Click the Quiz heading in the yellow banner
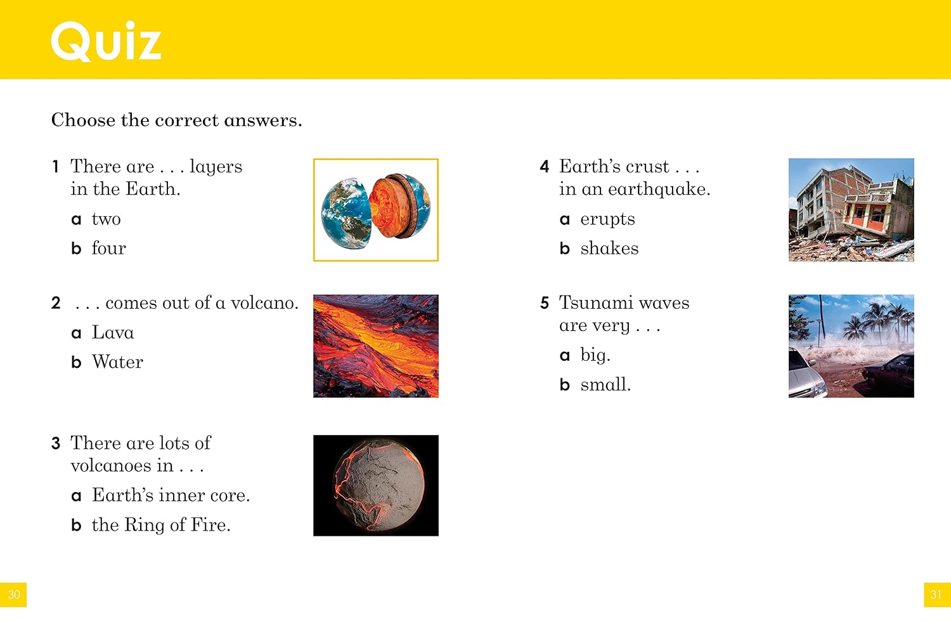tap(106, 41)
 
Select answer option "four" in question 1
tap(108, 248)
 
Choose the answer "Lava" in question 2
tap(113, 332)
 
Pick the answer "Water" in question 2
tap(117, 362)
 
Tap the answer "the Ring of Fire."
tap(161, 525)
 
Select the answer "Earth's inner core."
tap(171, 495)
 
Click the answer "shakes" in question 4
tap(609, 248)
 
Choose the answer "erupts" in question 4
tap(607, 219)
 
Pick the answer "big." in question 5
tap(595, 355)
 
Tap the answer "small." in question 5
tap(605, 384)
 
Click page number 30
tap(13, 594)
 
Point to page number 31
tap(936, 594)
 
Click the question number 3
tap(56, 443)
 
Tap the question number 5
tap(545, 303)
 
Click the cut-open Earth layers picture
tap(376, 210)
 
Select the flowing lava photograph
tap(376, 346)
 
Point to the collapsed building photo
tap(851, 210)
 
